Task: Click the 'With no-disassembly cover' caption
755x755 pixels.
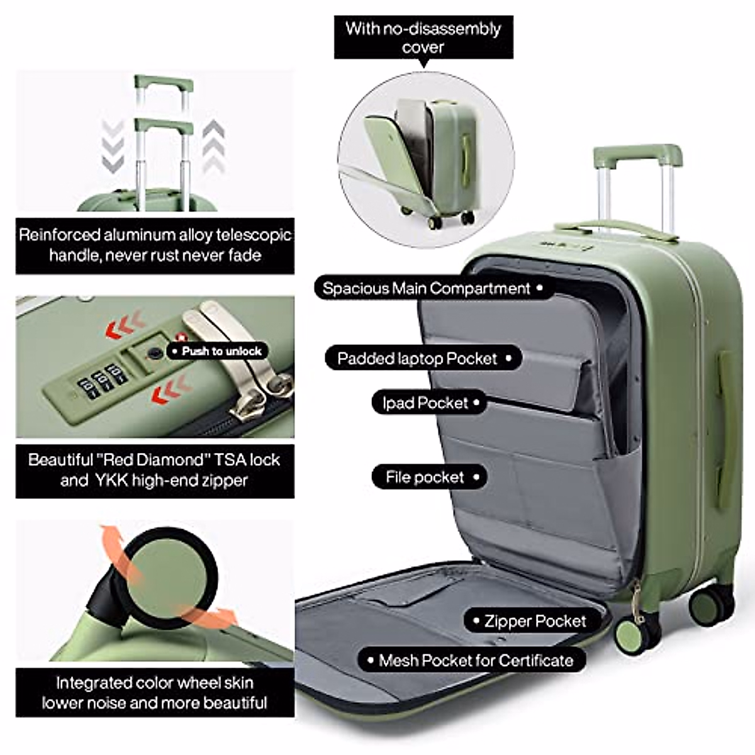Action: coord(423,38)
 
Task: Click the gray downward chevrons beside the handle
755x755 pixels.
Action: coord(113,146)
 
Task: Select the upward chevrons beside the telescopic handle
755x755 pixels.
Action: coord(214,146)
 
